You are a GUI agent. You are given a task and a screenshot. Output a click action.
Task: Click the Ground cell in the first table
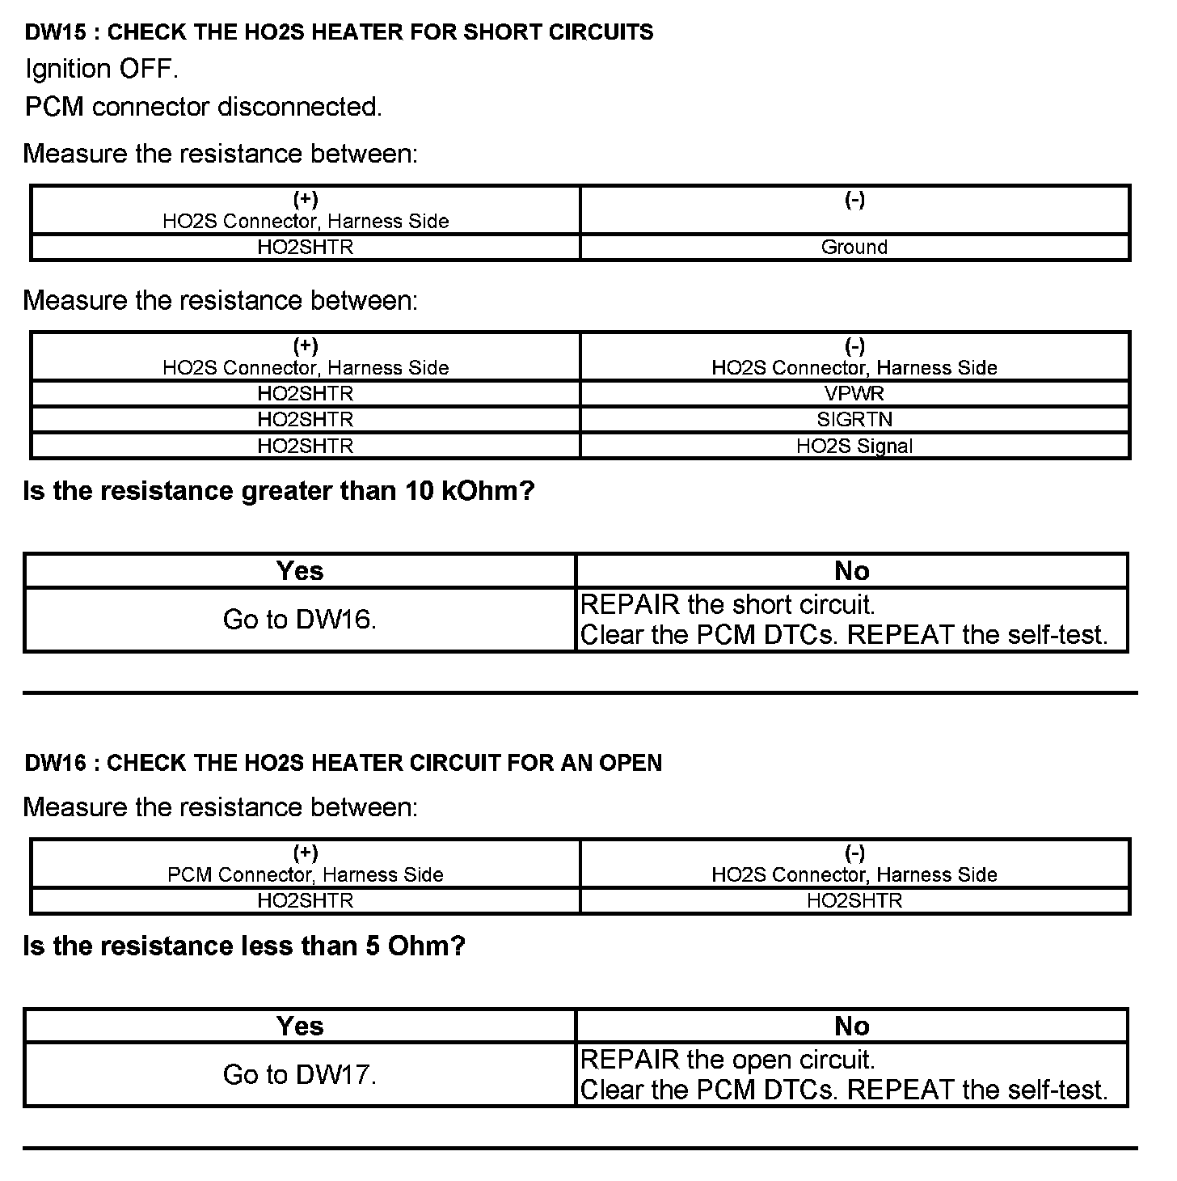pyautogui.click(x=854, y=247)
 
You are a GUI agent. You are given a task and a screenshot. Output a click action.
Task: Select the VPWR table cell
pyautogui.click(x=854, y=393)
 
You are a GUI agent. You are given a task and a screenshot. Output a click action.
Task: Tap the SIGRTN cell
pyautogui.click(x=854, y=419)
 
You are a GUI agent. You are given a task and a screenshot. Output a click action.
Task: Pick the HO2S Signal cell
pyautogui.click(x=854, y=446)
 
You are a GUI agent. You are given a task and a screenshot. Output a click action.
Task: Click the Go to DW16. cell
pyautogui.click(x=299, y=620)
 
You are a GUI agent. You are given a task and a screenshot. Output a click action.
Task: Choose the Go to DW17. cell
pyautogui.click(x=299, y=1074)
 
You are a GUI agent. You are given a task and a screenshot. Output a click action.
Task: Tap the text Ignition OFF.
pyautogui.click(x=101, y=69)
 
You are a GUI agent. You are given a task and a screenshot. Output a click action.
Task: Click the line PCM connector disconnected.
pyautogui.click(x=203, y=107)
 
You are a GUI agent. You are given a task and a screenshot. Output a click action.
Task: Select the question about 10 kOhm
pyautogui.click(x=279, y=491)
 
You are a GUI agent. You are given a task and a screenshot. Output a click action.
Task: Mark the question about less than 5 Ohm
pyautogui.click(x=244, y=946)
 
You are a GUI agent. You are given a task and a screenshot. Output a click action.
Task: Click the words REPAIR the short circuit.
pyautogui.click(x=728, y=604)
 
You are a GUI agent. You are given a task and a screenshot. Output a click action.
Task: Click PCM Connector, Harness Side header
pyautogui.click(x=306, y=874)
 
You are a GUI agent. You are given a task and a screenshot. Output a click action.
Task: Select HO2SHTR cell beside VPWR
pyautogui.click(x=306, y=393)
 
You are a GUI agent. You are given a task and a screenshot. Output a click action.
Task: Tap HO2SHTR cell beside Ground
pyautogui.click(x=306, y=247)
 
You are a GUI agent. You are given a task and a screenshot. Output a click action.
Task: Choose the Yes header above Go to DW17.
pyautogui.click(x=299, y=1026)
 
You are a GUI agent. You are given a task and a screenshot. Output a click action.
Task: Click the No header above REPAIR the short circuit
pyautogui.click(x=851, y=571)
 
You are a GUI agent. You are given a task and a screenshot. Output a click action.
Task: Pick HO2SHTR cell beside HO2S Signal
pyautogui.click(x=306, y=446)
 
